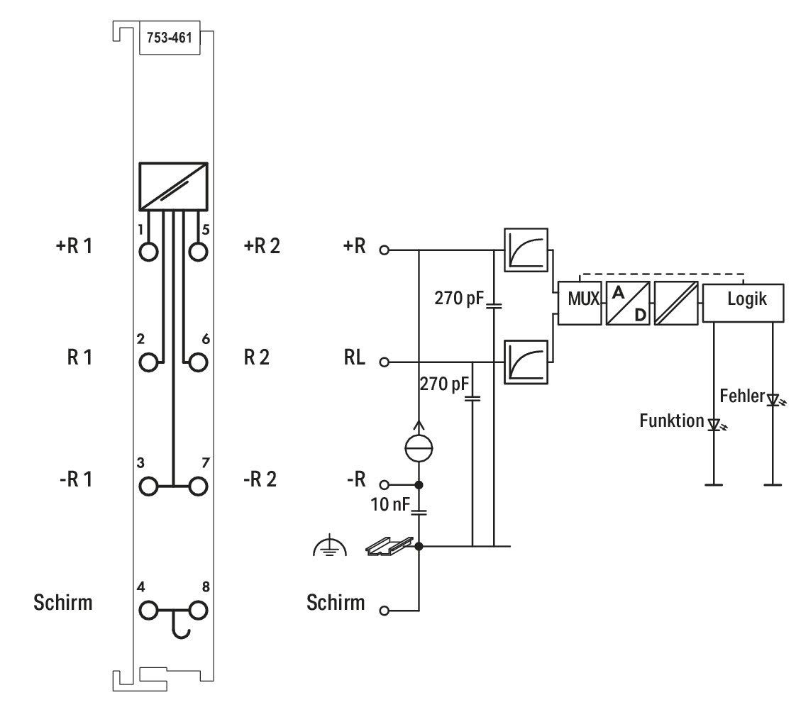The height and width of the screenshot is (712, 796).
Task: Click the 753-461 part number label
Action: (170, 38)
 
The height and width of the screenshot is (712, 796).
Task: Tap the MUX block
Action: (579, 303)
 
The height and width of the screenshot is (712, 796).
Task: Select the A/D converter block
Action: (628, 303)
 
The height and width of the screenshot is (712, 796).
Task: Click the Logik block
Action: (744, 303)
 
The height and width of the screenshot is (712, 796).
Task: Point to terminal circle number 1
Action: (149, 252)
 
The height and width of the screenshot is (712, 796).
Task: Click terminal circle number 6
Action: (198, 363)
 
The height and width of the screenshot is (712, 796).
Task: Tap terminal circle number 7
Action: (198, 486)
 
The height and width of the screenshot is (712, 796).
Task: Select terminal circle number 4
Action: (149, 611)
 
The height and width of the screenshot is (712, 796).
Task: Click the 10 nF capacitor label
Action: (390, 504)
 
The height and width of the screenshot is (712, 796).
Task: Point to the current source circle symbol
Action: (419, 448)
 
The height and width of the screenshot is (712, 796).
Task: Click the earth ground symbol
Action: (330, 545)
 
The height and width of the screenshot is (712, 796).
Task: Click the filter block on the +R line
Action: (526, 250)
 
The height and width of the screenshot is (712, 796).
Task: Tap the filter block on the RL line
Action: (526, 362)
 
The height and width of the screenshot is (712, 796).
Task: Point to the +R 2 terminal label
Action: (262, 246)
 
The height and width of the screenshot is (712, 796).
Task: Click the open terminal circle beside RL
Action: (385, 362)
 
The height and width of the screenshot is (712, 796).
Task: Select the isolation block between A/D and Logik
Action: (676, 303)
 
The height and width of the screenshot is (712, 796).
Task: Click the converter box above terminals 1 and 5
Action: (174, 187)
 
